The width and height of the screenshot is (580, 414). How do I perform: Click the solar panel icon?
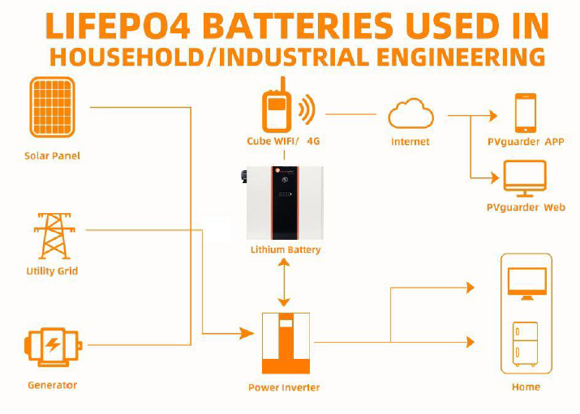coord(52,107)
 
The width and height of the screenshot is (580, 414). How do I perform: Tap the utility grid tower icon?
coord(52,235)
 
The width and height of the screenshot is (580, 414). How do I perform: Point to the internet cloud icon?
coord(410,114)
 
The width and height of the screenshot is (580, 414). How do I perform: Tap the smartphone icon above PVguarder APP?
coord(526,113)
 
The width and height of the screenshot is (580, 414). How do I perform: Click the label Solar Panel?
coord(53,156)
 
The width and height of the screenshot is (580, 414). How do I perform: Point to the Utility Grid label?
coord(52,271)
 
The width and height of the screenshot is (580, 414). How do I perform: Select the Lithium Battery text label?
coord(285,250)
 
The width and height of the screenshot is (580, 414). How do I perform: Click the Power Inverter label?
coord(284,387)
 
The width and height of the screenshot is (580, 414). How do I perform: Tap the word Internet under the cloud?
coord(410,142)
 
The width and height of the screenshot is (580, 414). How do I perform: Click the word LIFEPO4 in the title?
coord(114,27)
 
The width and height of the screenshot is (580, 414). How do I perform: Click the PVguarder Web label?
coord(526,207)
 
